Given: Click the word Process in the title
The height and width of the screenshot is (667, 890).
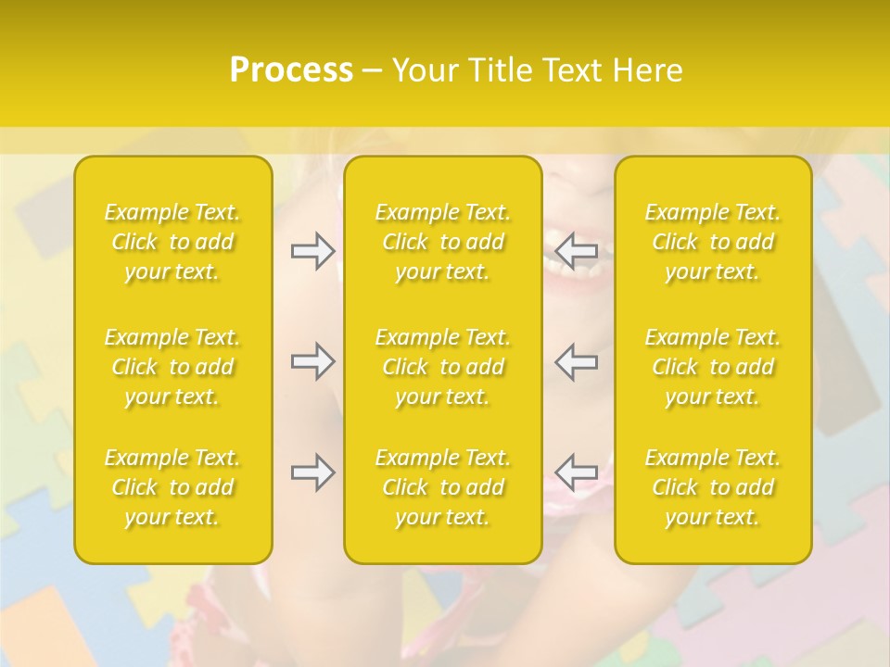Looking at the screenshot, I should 291,70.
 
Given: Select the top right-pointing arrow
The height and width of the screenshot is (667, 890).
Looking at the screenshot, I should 312,251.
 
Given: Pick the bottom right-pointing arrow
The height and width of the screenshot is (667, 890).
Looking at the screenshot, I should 312,472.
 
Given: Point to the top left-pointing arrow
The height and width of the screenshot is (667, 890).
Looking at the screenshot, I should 577,249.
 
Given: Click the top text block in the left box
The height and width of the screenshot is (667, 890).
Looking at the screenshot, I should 172,242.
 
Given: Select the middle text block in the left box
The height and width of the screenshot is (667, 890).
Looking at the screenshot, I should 172,367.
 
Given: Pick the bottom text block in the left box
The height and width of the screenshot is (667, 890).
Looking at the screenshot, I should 172,487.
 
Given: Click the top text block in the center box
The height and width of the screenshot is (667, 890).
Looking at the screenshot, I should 442,242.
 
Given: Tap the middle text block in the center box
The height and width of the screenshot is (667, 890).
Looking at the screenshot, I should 442,367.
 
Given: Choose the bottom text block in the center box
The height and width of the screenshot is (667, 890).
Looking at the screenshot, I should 442,487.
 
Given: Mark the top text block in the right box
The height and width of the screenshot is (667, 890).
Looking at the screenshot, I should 712,242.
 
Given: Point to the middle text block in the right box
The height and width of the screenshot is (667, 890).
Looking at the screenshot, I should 712,367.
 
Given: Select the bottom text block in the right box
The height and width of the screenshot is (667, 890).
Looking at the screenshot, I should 712,487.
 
